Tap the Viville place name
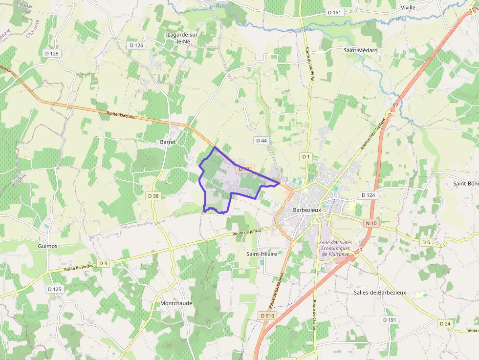408,8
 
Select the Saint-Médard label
360,50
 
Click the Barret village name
168,142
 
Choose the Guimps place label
47,246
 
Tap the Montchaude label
176,303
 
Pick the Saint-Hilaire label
262,254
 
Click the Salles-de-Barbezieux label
380,293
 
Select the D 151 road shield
334,12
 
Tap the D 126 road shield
136,45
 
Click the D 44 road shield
261,141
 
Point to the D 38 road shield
153,196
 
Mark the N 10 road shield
371,223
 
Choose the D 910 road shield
268,316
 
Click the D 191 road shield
390,320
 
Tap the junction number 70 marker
359,250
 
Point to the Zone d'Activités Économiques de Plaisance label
335,248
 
